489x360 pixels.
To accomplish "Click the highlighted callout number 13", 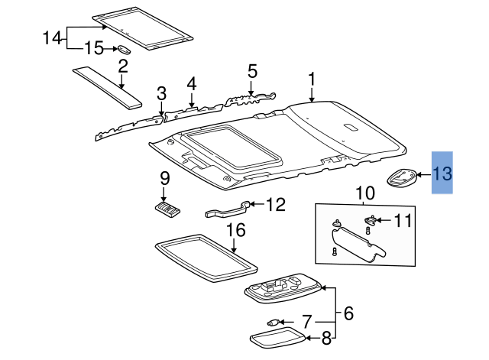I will coord(443,174).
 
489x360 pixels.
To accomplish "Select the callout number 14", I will coord(51,37).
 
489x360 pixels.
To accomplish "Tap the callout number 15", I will coord(93,48).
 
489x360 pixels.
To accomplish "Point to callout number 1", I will coord(312,79).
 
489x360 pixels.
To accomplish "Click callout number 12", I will coord(275,205).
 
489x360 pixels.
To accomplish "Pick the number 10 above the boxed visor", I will coord(364,193).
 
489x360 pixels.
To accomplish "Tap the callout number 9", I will coord(164,179).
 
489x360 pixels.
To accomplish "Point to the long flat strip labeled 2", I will coord(109,87).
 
